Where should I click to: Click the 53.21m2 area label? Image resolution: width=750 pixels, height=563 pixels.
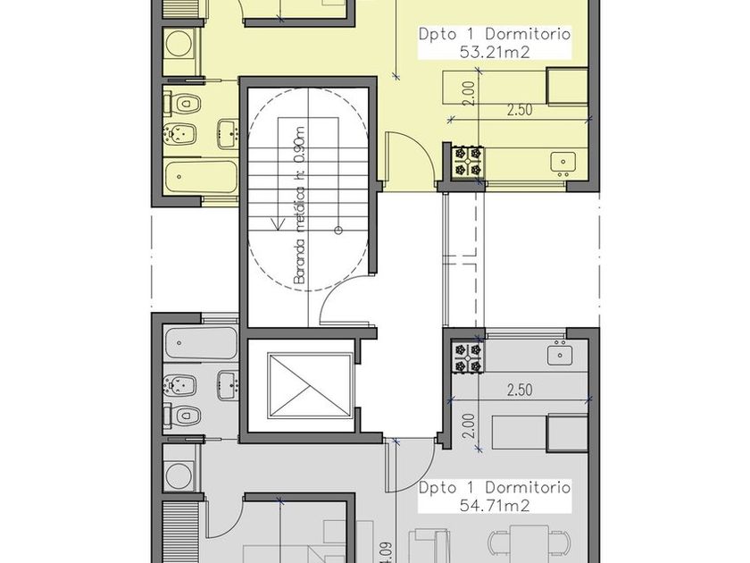pos(495,52)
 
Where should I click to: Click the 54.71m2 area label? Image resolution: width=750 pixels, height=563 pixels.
pos(495,505)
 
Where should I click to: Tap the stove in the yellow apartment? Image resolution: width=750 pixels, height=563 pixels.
pos(468,162)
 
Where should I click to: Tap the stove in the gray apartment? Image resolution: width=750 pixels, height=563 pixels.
pos(468,357)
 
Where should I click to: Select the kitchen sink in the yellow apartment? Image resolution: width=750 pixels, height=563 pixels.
pos(562,163)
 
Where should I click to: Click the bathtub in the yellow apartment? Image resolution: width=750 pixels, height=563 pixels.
pos(201,177)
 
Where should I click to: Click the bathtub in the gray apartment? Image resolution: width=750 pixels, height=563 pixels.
pos(201,343)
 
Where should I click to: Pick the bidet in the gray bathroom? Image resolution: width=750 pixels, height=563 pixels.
pos(179,384)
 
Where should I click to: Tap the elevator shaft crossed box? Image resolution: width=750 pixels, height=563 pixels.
pos(309,386)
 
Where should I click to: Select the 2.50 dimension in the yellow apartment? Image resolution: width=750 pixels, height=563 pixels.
pos(520,110)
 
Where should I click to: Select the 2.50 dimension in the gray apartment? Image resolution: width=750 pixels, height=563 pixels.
pos(520,391)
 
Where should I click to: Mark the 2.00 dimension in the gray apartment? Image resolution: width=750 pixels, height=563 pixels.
pos(470,426)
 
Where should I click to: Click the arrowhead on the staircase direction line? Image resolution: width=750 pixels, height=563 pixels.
pos(277,224)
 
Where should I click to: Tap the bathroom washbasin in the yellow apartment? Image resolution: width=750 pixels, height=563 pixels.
pos(227,133)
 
